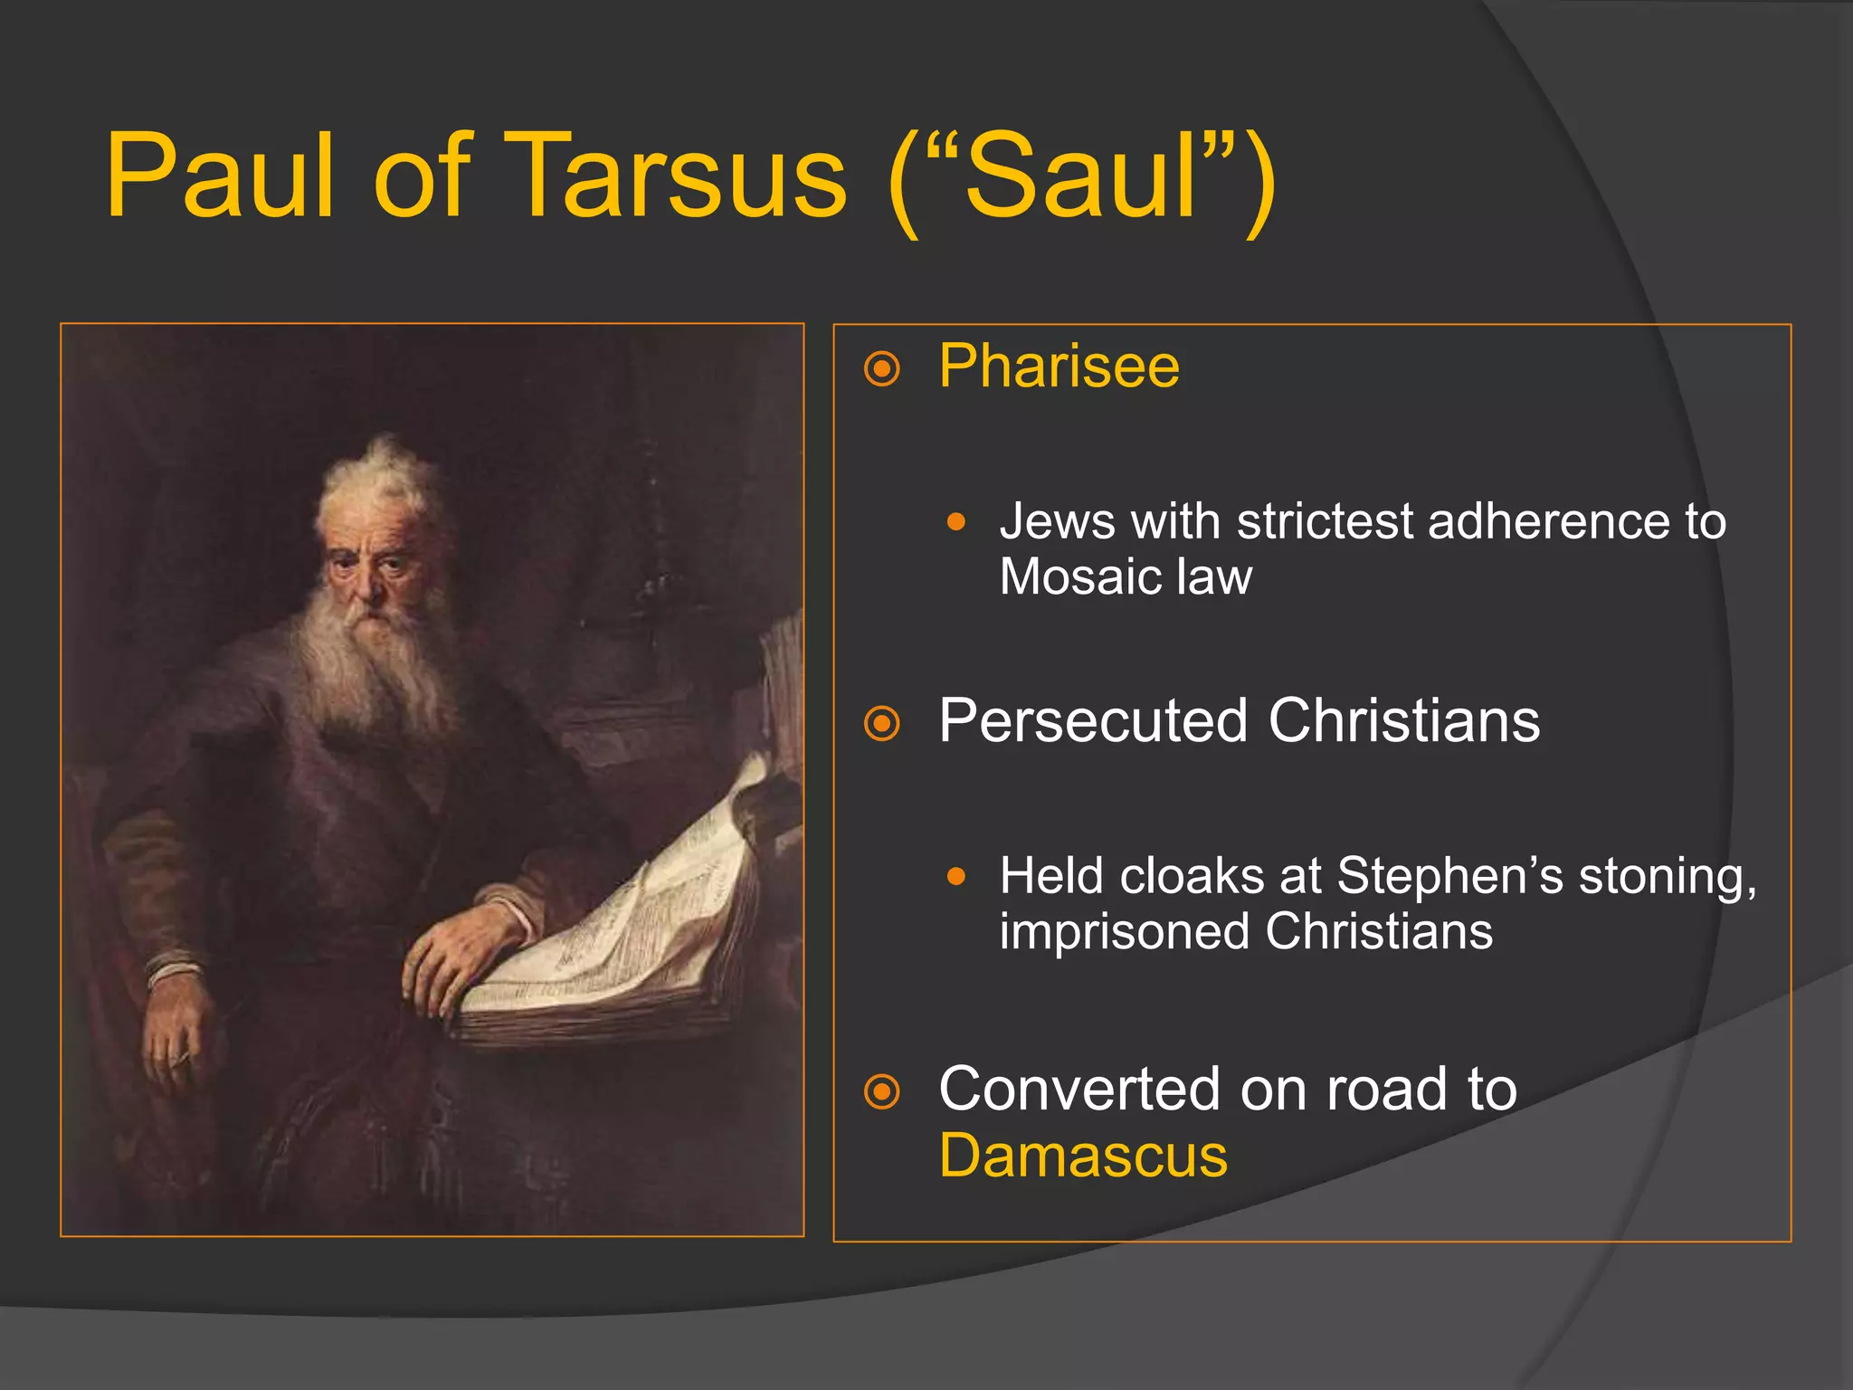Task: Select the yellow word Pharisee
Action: pyautogui.click(x=1059, y=367)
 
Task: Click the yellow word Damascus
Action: pyautogui.click(x=1083, y=1157)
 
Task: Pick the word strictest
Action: pyautogui.click(x=1326, y=522)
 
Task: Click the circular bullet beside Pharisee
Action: pyautogui.click(x=882, y=369)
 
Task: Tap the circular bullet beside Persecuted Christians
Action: pyautogui.click(x=882, y=724)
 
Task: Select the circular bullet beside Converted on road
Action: pyautogui.click(x=882, y=1091)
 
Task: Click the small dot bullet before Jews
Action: pyautogui.click(x=956, y=522)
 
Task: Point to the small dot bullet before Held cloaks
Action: pyautogui.click(x=956, y=876)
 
